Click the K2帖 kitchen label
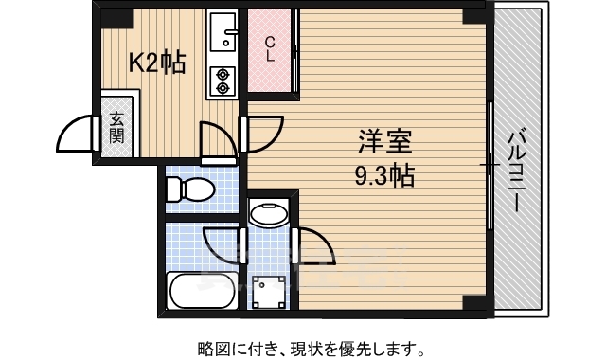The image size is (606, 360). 157,63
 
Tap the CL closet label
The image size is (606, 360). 270,48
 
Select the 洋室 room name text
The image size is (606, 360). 383,144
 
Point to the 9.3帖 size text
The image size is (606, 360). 383,175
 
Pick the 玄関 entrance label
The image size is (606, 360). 116,127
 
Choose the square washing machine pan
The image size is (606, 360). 270,289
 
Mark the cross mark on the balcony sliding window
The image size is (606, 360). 490,166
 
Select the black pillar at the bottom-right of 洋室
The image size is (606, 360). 472,302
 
